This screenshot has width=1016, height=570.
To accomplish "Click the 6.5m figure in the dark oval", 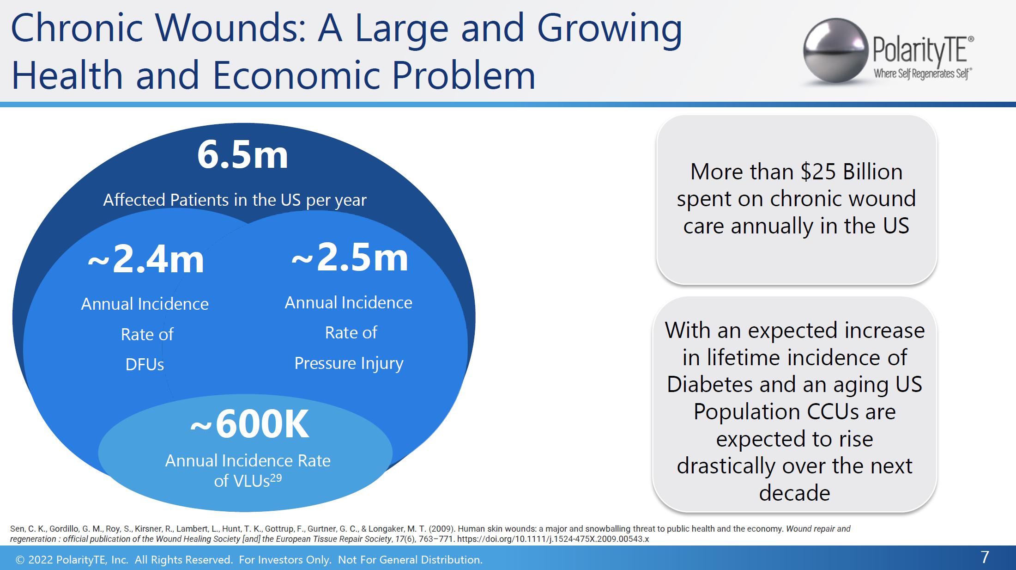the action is click(242, 155).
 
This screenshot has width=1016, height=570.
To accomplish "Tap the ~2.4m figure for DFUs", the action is click(146, 260).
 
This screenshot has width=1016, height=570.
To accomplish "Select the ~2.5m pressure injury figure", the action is click(350, 258).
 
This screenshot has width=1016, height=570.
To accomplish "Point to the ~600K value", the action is click(249, 424).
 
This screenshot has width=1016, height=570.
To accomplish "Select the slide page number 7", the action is click(985, 557).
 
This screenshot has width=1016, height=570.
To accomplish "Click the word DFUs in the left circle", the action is click(145, 365).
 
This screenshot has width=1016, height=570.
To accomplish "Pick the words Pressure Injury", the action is click(349, 363).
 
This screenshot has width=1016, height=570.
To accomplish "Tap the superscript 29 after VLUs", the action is click(276, 477).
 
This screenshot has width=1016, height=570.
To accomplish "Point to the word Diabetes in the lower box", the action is click(709, 384).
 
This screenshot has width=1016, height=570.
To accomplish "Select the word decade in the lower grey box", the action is click(794, 493).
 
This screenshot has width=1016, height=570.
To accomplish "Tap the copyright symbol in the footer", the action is click(20, 560).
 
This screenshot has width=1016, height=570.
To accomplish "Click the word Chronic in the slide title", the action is click(77, 28).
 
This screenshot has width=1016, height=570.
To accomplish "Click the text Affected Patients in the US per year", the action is click(235, 200).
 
